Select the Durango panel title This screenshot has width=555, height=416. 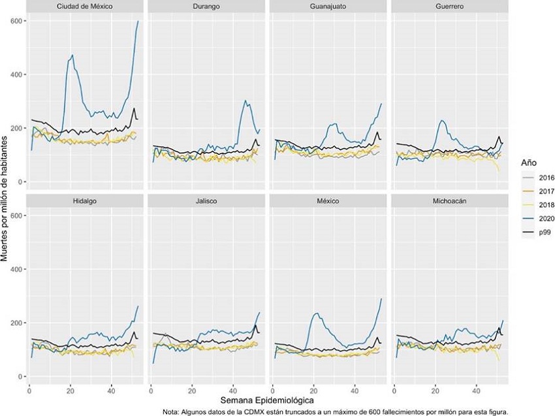(x=206, y=7)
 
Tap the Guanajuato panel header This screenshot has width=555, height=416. (x=327, y=7)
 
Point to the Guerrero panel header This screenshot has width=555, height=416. (x=449, y=7)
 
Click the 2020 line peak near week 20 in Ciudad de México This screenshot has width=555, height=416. (x=72, y=56)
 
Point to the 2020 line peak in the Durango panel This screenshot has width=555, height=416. (x=244, y=101)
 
